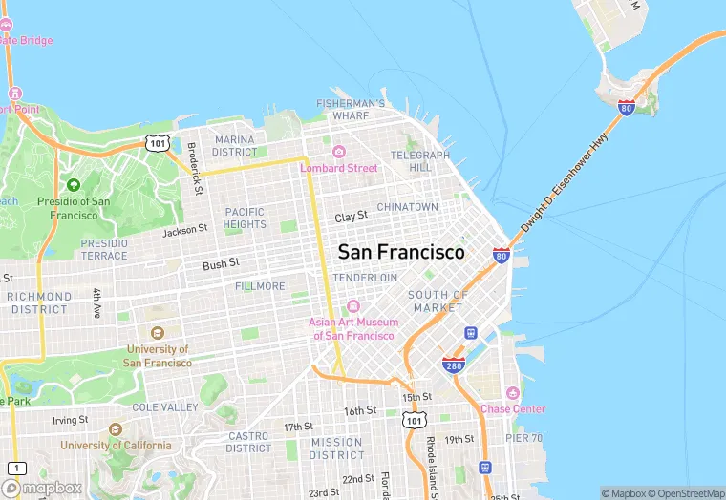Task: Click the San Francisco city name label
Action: point(401,252)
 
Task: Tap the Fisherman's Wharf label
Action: point(351,110)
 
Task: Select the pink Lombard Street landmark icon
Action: point(338,152)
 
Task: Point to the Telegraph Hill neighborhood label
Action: point(420,160)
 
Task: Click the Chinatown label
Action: point(407,207)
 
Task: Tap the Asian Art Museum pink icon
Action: point(353,306)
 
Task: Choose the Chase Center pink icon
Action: point(513,393)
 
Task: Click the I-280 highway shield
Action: point(454,365)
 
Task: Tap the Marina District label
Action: point(235,145)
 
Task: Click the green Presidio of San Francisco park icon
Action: point(74,184)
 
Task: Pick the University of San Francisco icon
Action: point(158,332)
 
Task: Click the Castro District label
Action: point(248,442)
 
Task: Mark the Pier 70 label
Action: point(524,438)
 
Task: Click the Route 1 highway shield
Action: point(16,468)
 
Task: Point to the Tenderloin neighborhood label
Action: point(365,277)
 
